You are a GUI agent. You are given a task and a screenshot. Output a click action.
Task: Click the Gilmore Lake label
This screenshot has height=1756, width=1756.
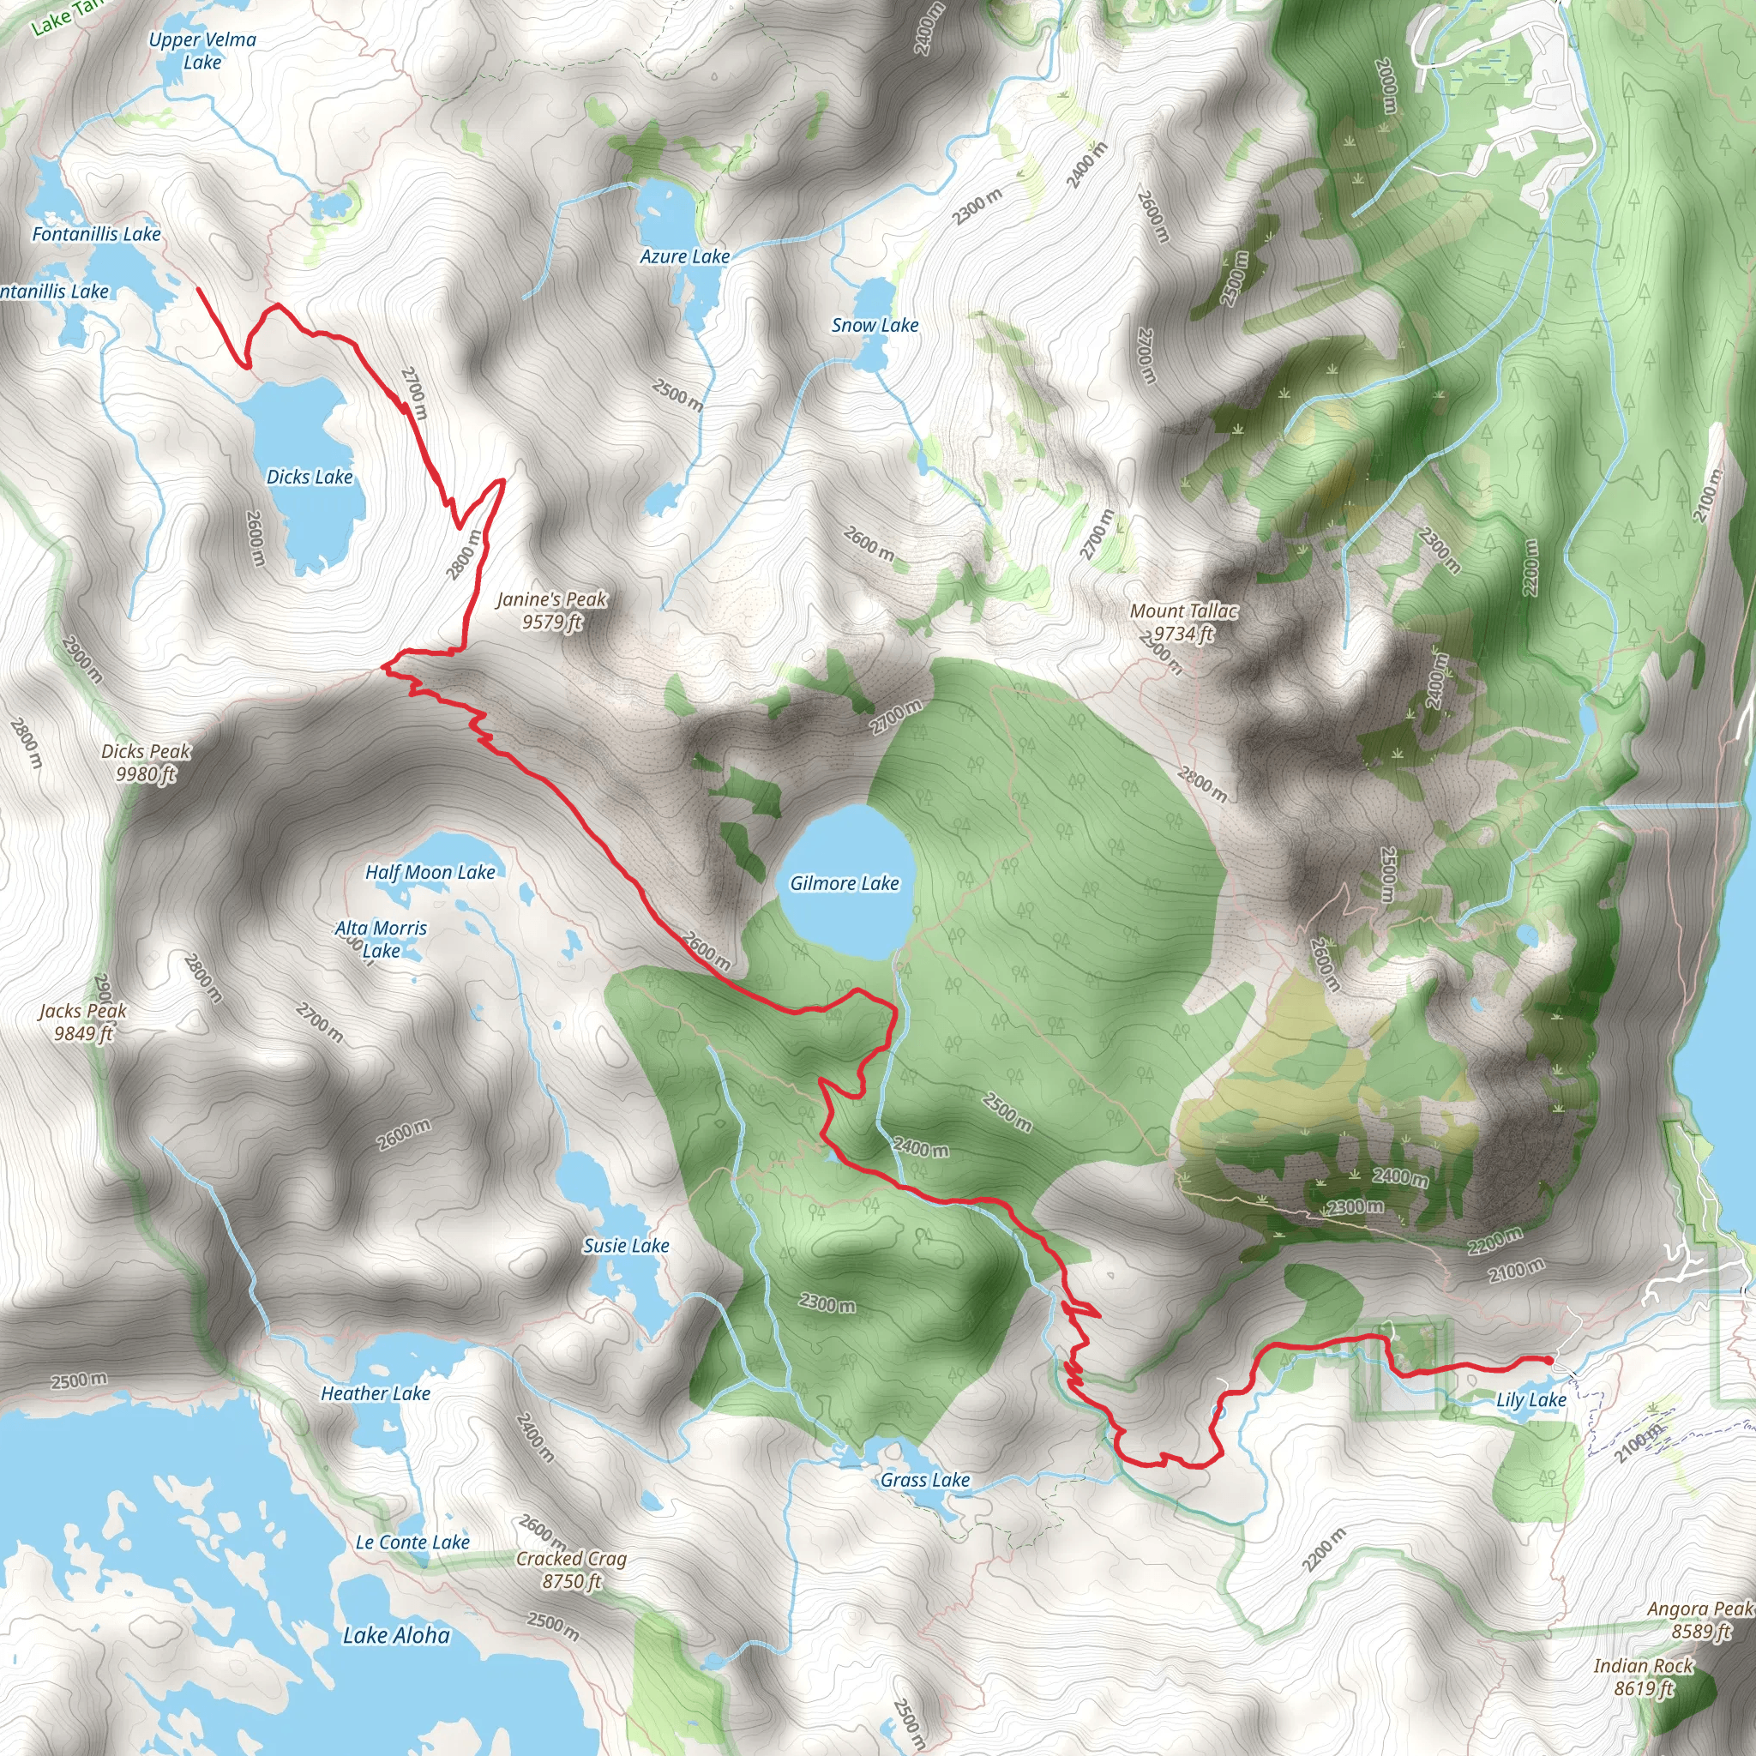(x=844, y=883)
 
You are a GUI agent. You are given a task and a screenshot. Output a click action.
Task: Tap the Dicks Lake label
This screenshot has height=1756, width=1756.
(x=309, y=478)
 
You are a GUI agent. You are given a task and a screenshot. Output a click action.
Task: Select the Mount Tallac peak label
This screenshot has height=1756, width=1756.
(x=1183, y=622)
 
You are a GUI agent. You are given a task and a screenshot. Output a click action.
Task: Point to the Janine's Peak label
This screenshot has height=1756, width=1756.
(x=551, y=610)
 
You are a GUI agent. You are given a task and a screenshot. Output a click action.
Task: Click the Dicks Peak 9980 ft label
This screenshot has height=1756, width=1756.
(x=146, y=762)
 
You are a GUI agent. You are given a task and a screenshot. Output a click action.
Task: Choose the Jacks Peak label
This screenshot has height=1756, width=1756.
(x=82, y=1021)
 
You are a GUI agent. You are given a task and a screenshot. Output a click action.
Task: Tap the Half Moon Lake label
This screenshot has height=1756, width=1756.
(x=430, y=873)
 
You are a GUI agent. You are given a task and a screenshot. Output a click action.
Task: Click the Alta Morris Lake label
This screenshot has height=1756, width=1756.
(x=381, y=939)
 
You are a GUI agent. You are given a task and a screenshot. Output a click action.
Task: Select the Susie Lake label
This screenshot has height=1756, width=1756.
(x=626, y=1246)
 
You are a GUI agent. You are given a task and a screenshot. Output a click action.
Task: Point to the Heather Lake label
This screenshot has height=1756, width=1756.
(x=376, y=1393)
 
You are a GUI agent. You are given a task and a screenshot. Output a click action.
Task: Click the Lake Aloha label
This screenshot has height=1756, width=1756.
(x=396, y=1636)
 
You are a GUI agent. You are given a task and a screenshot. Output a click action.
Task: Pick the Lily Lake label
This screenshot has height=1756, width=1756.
(x=1531, y=1399)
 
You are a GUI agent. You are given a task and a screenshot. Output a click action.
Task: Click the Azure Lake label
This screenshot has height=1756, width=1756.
(x=684, y=257)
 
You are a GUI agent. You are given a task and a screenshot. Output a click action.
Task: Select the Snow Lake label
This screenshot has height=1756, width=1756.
(x=875, y=325)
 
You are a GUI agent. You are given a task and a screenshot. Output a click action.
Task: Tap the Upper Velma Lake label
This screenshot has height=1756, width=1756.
(x=201, y=51)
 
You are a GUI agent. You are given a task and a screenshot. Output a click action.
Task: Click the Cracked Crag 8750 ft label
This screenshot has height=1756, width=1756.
(x=572, y=1570)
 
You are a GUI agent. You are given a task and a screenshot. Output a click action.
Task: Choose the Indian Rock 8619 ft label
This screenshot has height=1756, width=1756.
(x=1644, y=1677)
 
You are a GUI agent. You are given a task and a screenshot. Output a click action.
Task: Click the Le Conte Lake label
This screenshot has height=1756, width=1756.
(x=412, y=1543)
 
